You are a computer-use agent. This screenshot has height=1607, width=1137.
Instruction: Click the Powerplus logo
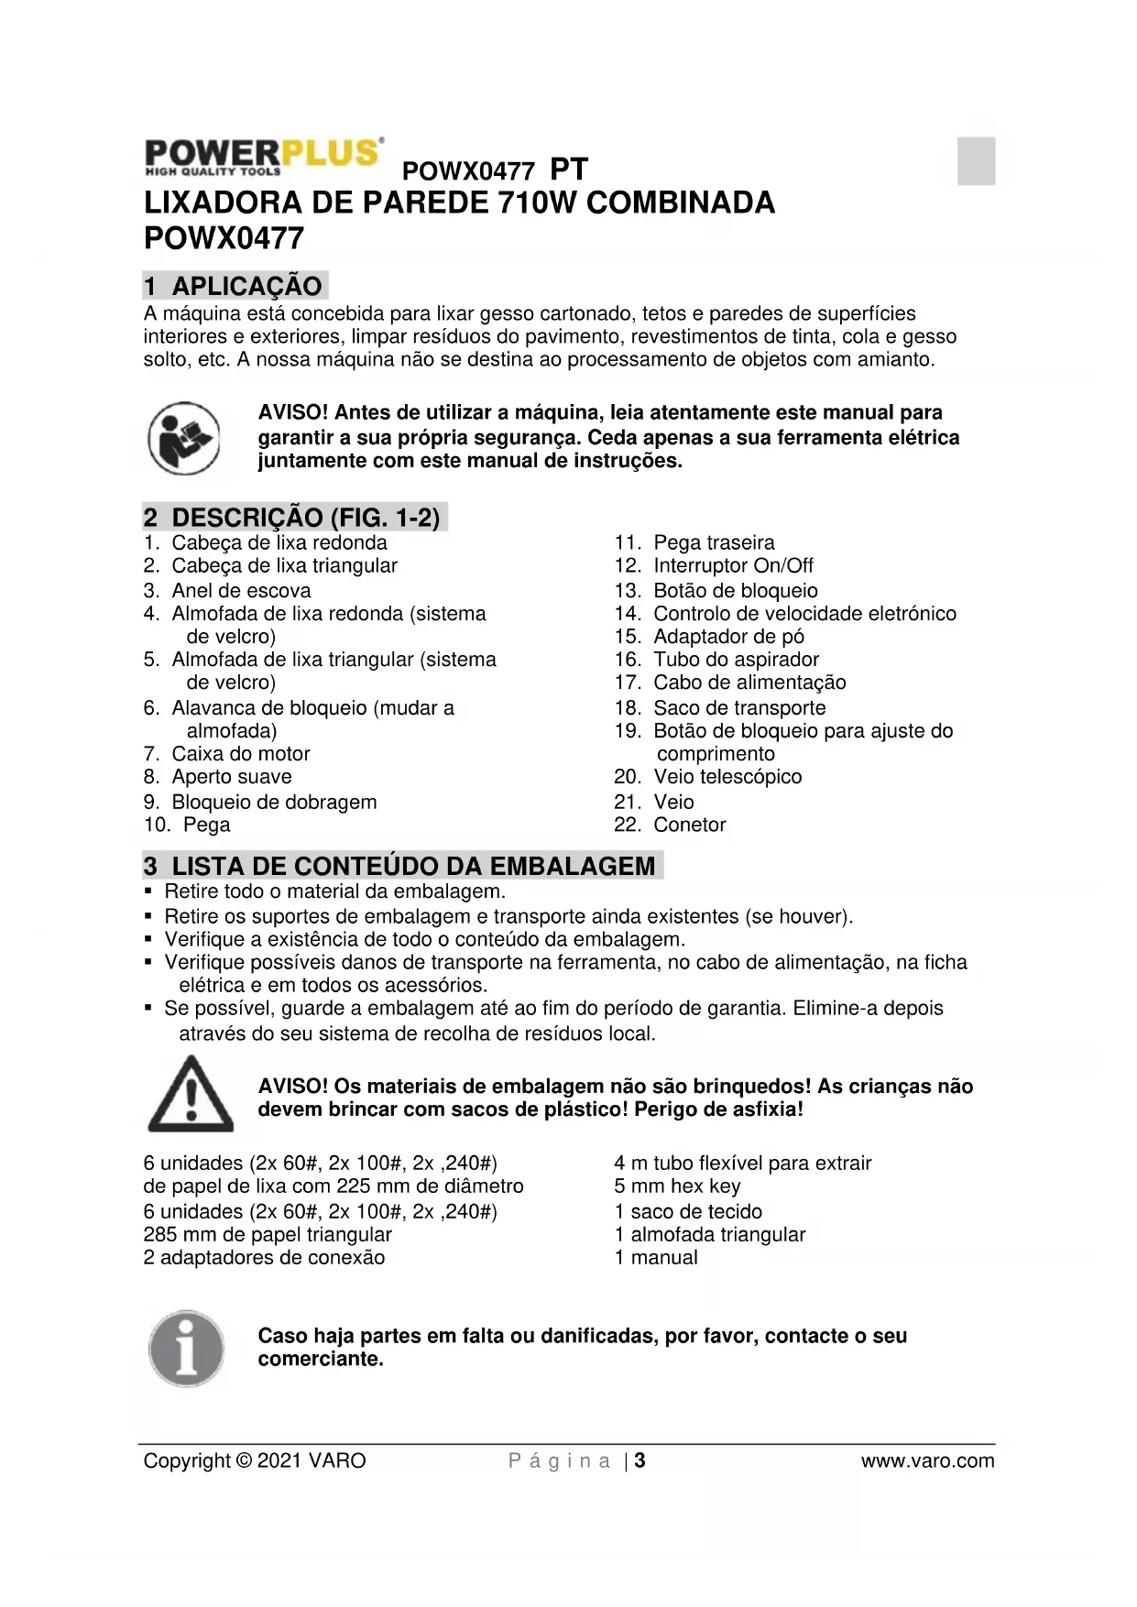(264, 156)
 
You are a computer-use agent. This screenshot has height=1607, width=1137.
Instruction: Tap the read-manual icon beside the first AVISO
(184, 438)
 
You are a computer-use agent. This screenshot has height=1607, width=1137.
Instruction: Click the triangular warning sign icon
(191, 1094)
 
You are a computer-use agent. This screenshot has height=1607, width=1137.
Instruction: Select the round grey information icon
(186, 1348)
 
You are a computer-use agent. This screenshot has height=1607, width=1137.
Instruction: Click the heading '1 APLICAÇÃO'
(235, 286)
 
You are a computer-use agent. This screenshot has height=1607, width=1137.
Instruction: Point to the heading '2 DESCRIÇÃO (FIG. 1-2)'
(293, 518)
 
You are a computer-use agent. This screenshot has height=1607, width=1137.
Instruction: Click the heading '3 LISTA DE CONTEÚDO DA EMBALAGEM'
(401, 866)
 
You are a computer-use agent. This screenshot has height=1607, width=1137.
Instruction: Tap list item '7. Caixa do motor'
(227, 754)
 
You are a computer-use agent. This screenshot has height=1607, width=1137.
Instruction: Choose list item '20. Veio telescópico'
(707, 777)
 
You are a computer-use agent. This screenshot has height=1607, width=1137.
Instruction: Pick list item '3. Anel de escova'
(227, 591)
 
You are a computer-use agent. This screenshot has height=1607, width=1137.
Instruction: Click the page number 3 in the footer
(640, 1460)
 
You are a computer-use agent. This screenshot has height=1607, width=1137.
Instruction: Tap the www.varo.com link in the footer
(927, 1460)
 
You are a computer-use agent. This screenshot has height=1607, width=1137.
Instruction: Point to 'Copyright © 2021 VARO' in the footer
(255, 1460)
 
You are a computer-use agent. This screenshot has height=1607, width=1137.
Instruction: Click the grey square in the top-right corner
(976, 160)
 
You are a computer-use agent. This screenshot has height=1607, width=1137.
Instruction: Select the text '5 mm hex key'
(677, 1186)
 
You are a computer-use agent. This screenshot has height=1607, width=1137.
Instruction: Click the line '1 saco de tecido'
(688, 1211)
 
